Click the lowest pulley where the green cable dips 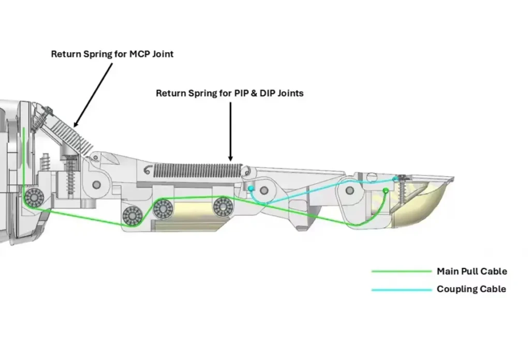click(132, 215)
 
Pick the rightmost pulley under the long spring click(223, 206)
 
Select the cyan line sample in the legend click(401, 290)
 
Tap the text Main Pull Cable click(472, 272)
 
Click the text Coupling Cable click(471, 289)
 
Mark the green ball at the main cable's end click(386, 191)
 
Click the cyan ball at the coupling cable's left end click(250, 188)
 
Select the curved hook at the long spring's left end click(147, 169)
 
